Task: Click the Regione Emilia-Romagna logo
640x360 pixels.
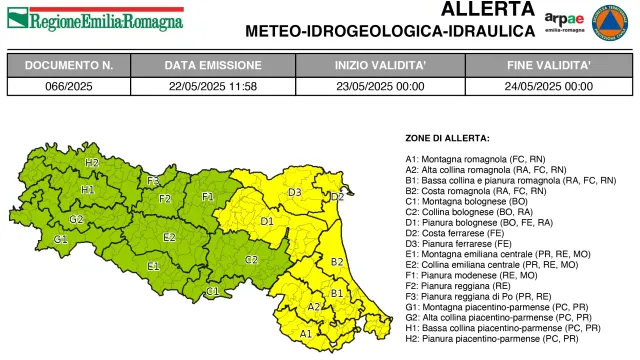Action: (95, 19)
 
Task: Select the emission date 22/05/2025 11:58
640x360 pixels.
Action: (212, 86)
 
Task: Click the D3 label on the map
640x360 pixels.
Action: (295, 192)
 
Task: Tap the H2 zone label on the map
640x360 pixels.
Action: (92, 162)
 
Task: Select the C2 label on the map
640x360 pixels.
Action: (252, 259)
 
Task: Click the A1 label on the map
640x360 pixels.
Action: (306, 333)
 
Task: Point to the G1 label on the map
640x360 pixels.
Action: (61, 239)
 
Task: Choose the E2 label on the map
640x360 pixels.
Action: (170, 237)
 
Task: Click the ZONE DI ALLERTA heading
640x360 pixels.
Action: (447, 137)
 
